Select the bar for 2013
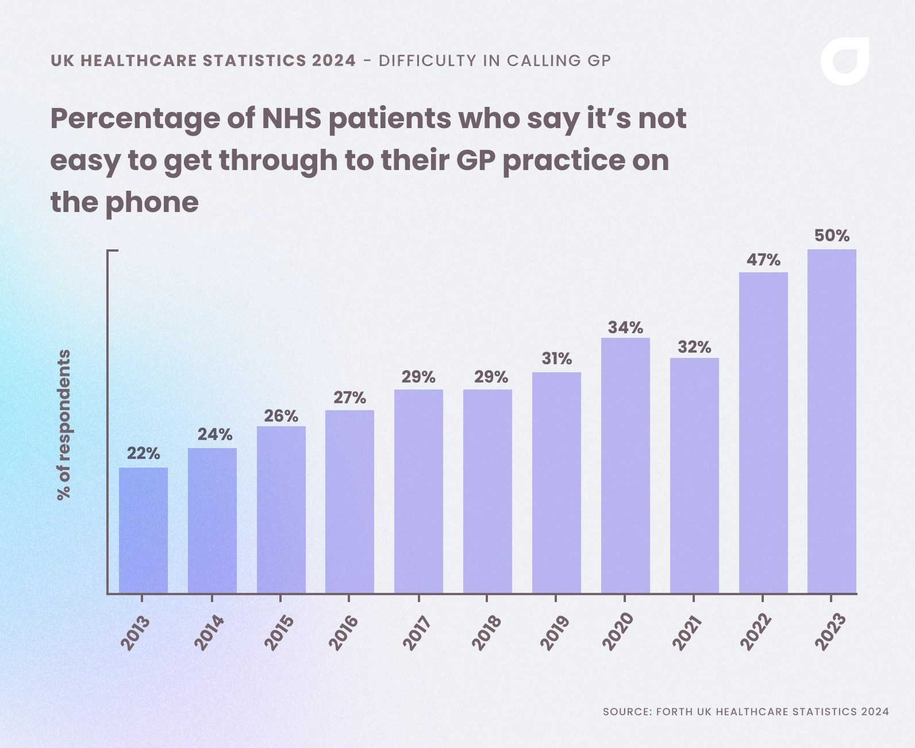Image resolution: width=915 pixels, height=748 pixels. pos(143,530)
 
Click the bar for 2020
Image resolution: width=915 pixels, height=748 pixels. pos(625,465)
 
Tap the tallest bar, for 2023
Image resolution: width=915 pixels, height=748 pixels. pos(832,421)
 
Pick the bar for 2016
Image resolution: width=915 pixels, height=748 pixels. pos(349,501)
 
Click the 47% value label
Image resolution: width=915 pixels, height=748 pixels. pos(763,260)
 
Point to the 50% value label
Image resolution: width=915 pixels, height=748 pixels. pos(832,236)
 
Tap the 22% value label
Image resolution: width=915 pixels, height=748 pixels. pos(143,454)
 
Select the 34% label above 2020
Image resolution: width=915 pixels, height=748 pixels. pos(625,327)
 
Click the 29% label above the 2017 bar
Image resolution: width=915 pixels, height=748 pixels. pos(418,377)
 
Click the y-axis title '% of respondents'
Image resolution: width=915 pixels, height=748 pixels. pos(64,424)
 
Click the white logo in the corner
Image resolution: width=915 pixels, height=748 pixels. pos(844,61)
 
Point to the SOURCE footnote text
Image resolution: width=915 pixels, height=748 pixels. pos(745,711)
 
